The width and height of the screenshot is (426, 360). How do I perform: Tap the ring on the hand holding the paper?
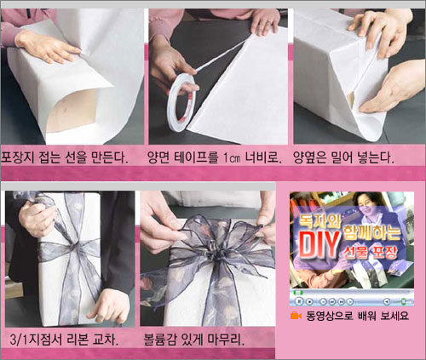click(268, 22)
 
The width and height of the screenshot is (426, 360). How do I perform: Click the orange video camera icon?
click(296, 316)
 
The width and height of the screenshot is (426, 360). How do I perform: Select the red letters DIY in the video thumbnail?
click(319, 244)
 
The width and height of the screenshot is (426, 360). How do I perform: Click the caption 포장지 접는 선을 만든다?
click(64, 157)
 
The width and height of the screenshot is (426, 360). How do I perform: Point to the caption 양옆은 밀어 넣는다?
click(343, 157)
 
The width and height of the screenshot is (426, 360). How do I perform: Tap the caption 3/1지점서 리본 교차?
click(64, 340)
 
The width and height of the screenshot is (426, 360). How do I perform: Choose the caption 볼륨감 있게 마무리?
click(194, 340)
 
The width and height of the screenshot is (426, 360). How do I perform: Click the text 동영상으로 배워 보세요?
click(357, 316)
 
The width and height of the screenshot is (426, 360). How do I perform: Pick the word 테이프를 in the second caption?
click(195, 157)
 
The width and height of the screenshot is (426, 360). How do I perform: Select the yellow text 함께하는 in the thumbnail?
click(372, 231)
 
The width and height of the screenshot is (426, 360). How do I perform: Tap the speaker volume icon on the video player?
click(386, 301)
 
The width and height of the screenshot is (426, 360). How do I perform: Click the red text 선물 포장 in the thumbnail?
click(371, 252)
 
